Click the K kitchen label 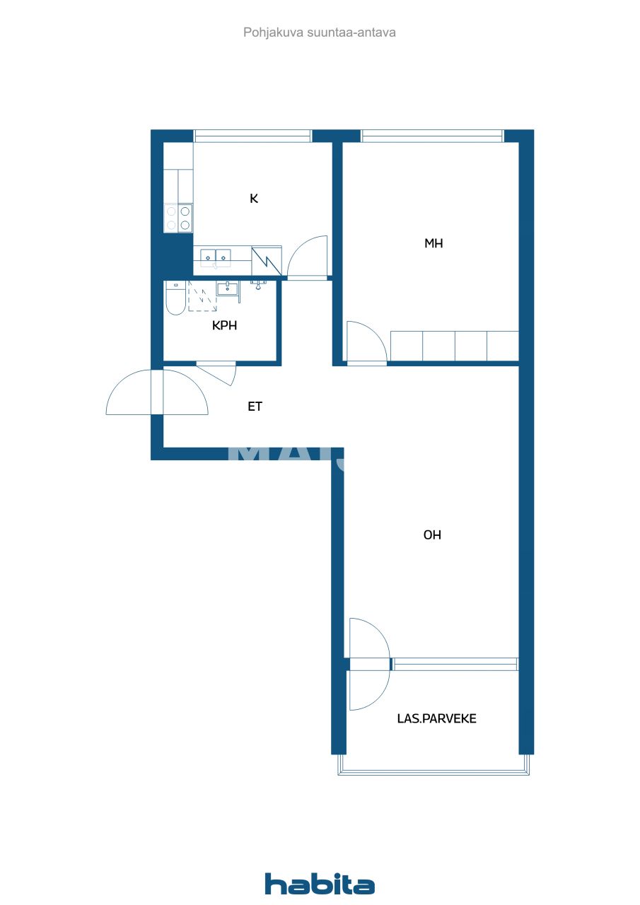(254, 199)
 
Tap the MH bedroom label (434, 243)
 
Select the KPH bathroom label (224, 326)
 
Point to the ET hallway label (255, 407)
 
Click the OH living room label (432, 535)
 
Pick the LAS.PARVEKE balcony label (436, 718)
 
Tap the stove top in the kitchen (178, 218)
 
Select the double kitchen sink (215, 256)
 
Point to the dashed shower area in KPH (202, 296)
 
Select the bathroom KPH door (216, 372)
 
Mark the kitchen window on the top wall (252, 136)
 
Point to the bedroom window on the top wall (432, 136)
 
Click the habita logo (320, 884)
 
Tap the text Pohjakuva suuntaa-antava (320, 32)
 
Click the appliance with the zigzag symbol (267, 259)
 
